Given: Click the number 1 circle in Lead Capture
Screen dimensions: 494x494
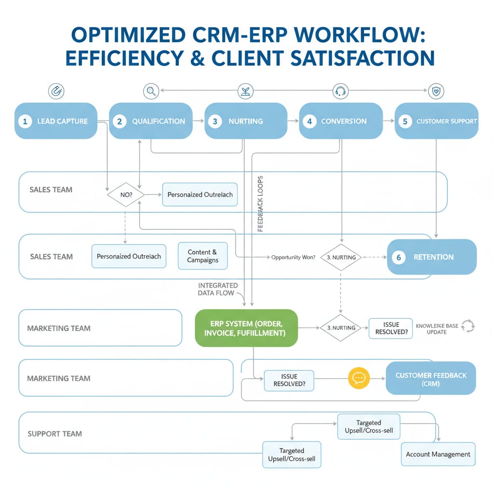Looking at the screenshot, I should pyautogui.click(x=25, y=121).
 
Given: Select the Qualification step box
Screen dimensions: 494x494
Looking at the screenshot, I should pyautogui.click(x=151, y=121).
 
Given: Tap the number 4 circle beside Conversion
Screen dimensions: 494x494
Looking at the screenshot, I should pyautogui.click(x=309, y=121).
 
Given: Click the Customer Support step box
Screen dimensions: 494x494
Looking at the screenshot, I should pyautogui.click(x=437, y=121).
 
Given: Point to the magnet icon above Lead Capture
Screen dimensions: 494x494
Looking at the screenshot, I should pyautogui.click(x=56, y=90).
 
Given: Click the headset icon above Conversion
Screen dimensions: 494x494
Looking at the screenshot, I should pyautogui.click(x=341, y=90).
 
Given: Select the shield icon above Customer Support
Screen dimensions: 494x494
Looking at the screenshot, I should pyautogui.click(x=436, y=90).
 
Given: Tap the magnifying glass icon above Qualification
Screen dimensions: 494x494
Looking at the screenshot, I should pyautogui.click(x=151, y=90).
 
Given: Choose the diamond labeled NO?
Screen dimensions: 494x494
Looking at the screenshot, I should pyautogui.click(x=125, y=194).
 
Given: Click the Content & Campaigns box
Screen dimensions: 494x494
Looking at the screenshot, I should pyautogui.click(x=203, y=256).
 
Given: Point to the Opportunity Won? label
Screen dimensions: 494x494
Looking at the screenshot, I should pyautogui.click(x=293, y=257).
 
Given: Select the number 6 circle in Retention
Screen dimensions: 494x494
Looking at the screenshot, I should pyautogui.click(x=398, y=257).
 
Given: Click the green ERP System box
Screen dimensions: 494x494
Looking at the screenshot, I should pyautogui.click(x=247, y=328).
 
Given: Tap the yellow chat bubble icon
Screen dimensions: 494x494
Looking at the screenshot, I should pyautogui.click(x=358, y=378).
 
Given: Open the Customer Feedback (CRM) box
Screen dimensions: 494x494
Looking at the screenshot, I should pyautogui.click(x=431, y=379).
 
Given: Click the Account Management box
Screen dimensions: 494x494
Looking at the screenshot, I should pyautogui.click(x=438, y=454).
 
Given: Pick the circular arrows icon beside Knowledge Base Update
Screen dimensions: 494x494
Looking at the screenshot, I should pyautogui.click(x=468, y=326).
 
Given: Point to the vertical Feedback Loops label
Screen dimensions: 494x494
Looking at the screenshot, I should pyautogui.click(x=261, y=203).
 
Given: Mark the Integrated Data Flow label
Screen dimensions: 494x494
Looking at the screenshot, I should pyautogui.click(x=218, y=289).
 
